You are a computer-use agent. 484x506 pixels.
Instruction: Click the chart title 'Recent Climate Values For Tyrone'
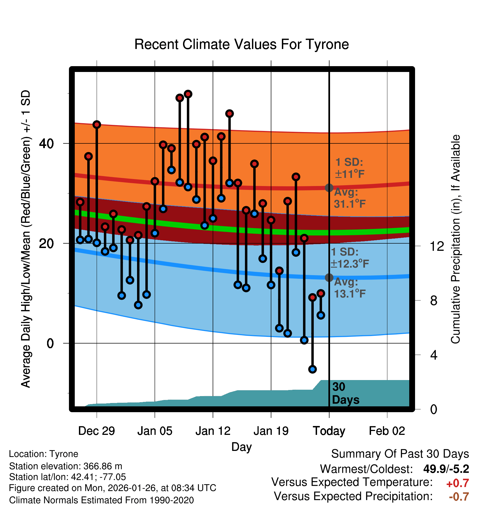coord(241,44)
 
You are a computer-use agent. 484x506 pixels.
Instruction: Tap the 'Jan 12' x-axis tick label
coord(213,431)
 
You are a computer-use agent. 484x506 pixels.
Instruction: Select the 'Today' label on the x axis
coord(329,431)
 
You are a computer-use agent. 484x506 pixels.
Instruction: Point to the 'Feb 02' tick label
coord(387,431)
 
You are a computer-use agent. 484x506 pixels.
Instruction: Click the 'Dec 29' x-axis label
coord(96,431)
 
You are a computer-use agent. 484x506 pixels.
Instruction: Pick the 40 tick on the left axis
coord(46,143)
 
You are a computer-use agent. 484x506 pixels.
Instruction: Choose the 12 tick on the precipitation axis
coord(437,246)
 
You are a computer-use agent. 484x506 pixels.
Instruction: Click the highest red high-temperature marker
coord(188,94)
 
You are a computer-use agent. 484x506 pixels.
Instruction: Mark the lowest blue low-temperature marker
coord(312,369)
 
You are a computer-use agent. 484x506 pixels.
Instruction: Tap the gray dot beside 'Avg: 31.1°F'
coord(329,188)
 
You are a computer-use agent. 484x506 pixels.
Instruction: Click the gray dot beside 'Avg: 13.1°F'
coord(329,277)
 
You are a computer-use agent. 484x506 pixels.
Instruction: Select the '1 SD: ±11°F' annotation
coord(349,168)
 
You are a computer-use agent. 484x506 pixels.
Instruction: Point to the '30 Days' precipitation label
coord(345,393)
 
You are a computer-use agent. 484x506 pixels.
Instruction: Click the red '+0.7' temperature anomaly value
coord(457,483)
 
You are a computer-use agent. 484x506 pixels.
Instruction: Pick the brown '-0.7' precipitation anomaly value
coord(459,497)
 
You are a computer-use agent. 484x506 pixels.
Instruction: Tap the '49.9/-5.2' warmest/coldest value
coord(446,469)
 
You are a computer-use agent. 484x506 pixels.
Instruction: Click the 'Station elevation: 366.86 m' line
coord(66,466)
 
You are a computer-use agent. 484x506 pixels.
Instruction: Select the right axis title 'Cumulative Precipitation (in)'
coord(455,239)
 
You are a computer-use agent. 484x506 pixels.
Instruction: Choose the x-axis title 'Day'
coord(241,447)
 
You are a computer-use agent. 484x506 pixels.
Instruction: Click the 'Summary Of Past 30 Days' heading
coord(400,454)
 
